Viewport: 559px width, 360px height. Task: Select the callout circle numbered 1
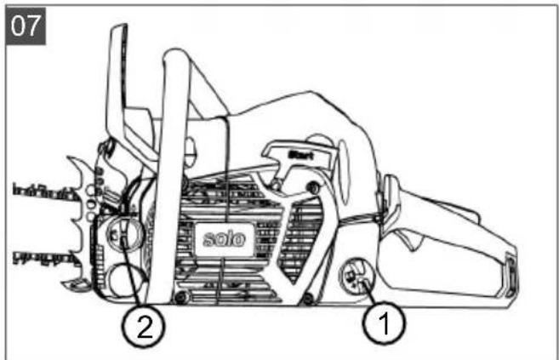[382, 324]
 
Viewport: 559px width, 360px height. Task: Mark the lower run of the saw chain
[43, 256]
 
